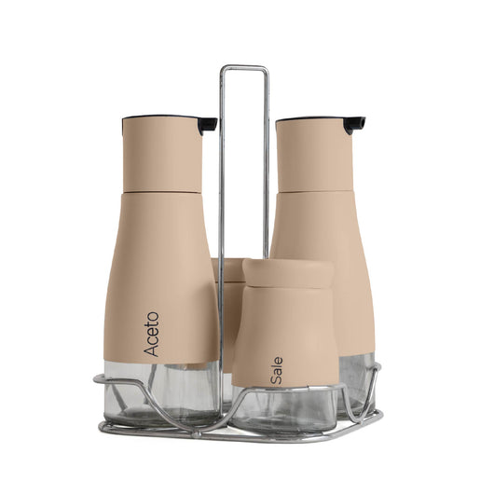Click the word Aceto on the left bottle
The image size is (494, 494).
point(152,335)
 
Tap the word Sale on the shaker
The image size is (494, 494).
point(277,371)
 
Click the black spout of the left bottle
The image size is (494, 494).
point(207,124)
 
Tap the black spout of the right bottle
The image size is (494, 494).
point(354,124)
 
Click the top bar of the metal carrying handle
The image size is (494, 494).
point(243,67)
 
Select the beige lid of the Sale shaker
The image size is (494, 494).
point(288,272)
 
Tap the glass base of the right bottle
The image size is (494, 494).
point(356,377)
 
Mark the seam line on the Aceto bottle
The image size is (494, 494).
point(160,192)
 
